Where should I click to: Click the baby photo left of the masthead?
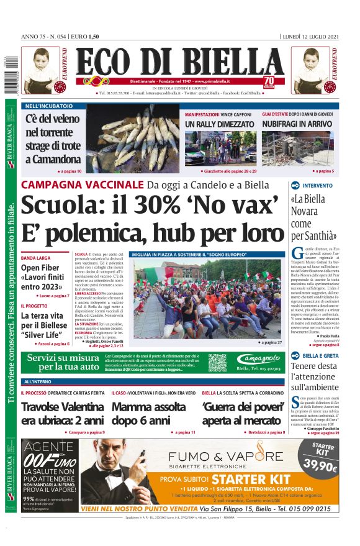[41, 70]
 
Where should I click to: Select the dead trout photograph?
[133, 138]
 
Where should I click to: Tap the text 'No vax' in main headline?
[237, 205]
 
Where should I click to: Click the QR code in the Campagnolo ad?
[217, 363]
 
